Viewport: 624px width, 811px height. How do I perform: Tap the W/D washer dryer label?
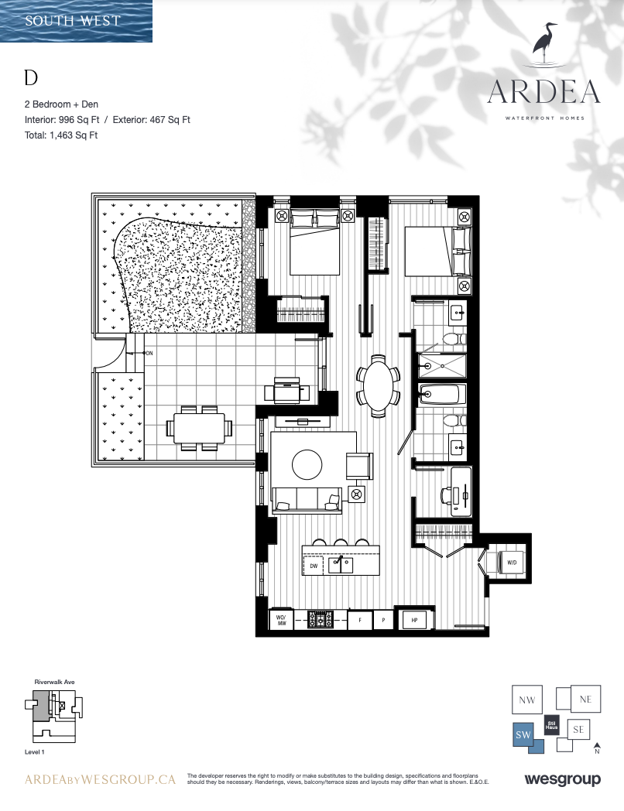click(x=512, y=563)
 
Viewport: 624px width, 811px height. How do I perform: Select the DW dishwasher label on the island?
click(x=314, y=566)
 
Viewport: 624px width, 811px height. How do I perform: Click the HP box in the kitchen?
click(x=414, y=620)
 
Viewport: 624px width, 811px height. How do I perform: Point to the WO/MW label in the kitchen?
click(x=281, y=620)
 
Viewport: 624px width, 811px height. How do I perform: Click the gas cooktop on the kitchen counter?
click(x=321, y=620)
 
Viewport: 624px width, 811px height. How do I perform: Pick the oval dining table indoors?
click(x=379, y=385)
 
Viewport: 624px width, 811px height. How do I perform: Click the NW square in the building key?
click(x=526, y=700)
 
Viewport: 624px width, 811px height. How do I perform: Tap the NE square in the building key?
click(x=585, y=700)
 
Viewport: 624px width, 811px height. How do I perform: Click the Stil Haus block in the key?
click(x=551, y=726)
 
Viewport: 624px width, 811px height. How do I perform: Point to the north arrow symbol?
click(x=597, y=748)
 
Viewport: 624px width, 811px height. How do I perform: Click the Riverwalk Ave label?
click(x=54, y=682)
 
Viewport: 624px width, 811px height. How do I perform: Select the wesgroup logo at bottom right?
click(x=562, y=779)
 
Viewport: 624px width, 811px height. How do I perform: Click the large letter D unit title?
click(x=31, y=77)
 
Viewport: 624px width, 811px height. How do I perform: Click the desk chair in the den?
click(x=446, y=495)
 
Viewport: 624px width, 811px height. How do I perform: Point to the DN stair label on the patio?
click(x=149, y=353)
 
